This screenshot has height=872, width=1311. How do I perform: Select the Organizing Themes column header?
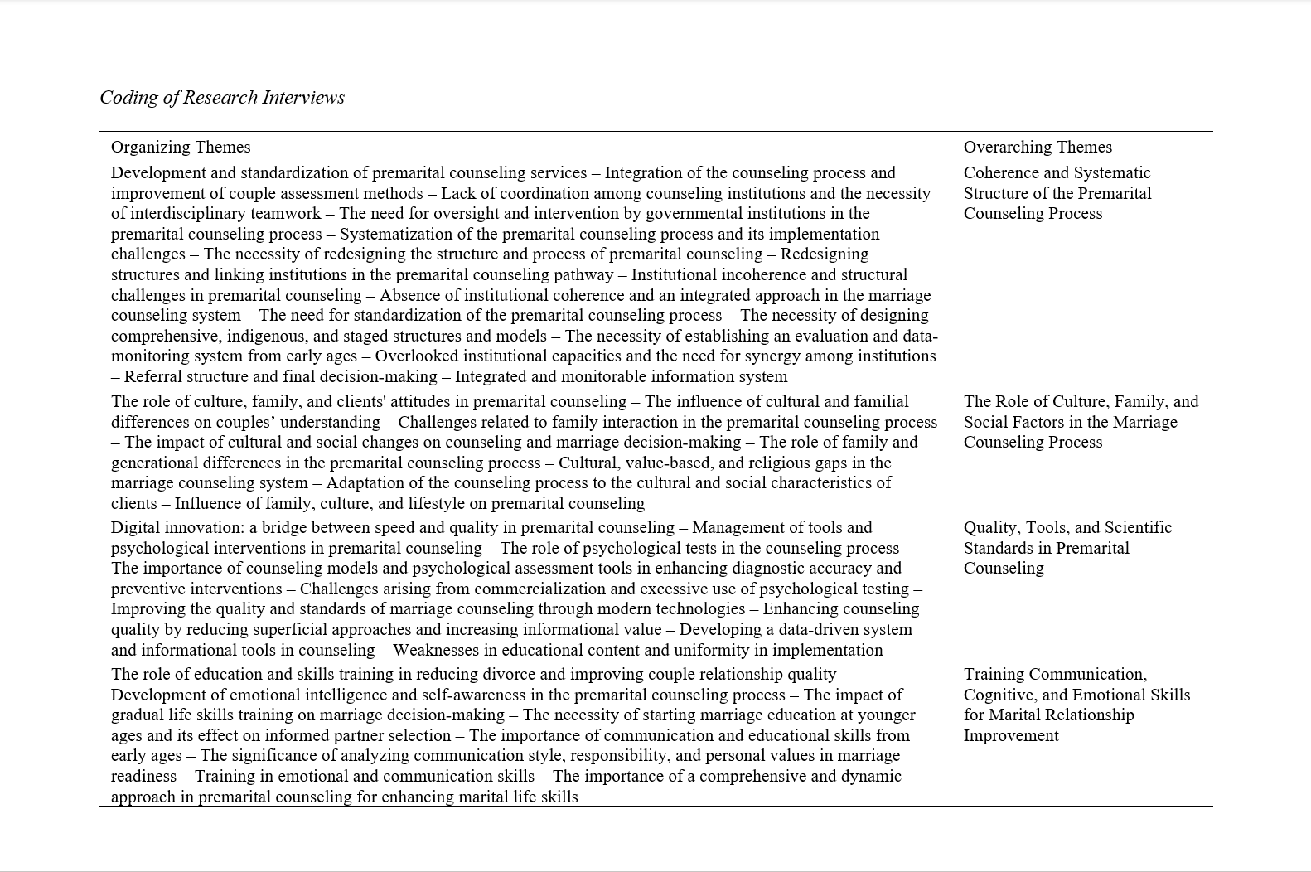[x=181, y=147]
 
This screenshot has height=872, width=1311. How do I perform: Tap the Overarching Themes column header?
[x=1038, y=147]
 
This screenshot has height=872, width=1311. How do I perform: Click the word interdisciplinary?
[x=186, y=213]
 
